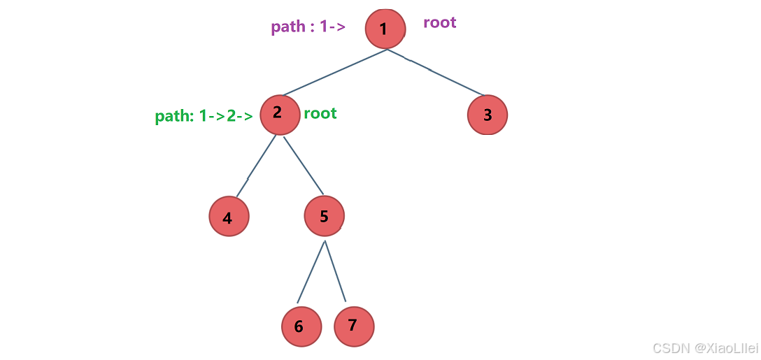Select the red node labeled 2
coord(278,115)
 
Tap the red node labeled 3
coord(488,115)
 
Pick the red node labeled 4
coord(229,217)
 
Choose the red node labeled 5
coord(325,217)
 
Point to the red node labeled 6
coord(301,326)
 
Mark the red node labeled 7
coord(355,325)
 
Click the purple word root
coord(440,23)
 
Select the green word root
coord(320,114)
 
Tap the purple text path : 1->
coord(308,27)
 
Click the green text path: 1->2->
coord(204,117)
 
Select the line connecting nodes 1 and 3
coord(435,72)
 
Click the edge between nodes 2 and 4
coord(256,166)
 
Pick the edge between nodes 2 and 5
coord(304,166)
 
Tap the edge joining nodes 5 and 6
coord(311,272)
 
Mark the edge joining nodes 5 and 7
coord(335,271)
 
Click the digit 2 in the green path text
coord(231,117)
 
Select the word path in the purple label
coord(287,27)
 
